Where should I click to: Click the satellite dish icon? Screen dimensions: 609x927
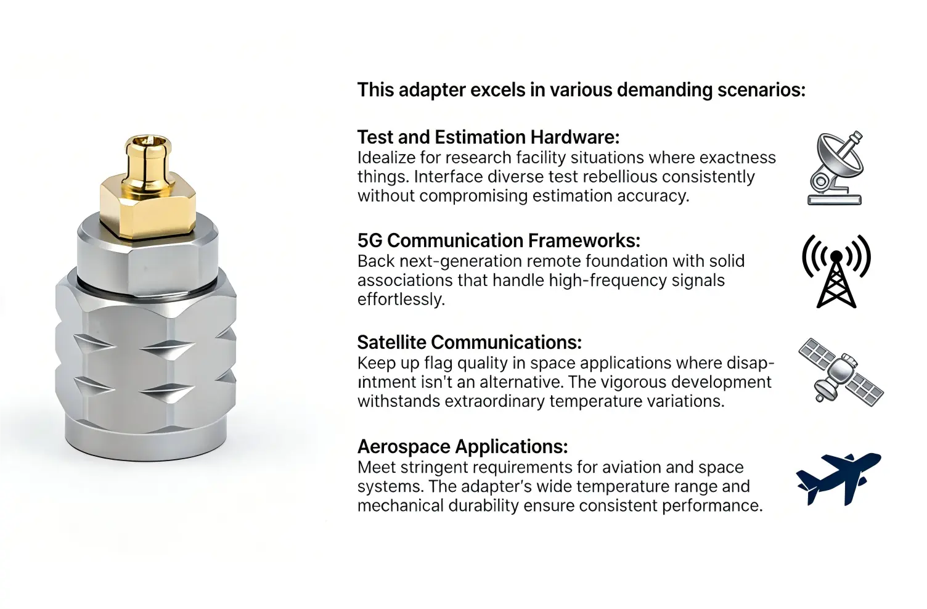tap(836, 168)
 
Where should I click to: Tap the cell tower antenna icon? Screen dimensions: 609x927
tap(836, 271)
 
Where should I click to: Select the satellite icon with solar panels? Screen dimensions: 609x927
tap(840, 372)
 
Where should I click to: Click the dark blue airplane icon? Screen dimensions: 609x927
tap(838, 478)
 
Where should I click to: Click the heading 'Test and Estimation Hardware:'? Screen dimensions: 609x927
tap(488, 137)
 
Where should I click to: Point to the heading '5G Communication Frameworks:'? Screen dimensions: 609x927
tap(499, 240)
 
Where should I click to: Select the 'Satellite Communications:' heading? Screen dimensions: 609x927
tap(469, 342)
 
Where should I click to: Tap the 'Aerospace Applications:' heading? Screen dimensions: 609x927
tap(462, 446)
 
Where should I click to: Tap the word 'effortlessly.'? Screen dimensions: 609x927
tap(401, 300)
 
